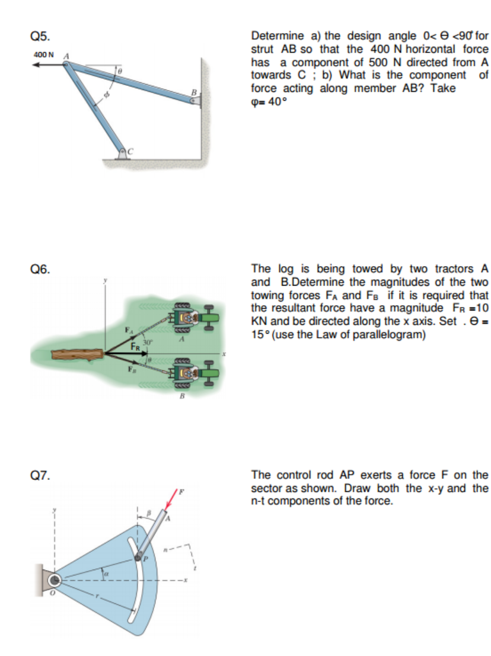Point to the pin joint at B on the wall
(x=193, y=101)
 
